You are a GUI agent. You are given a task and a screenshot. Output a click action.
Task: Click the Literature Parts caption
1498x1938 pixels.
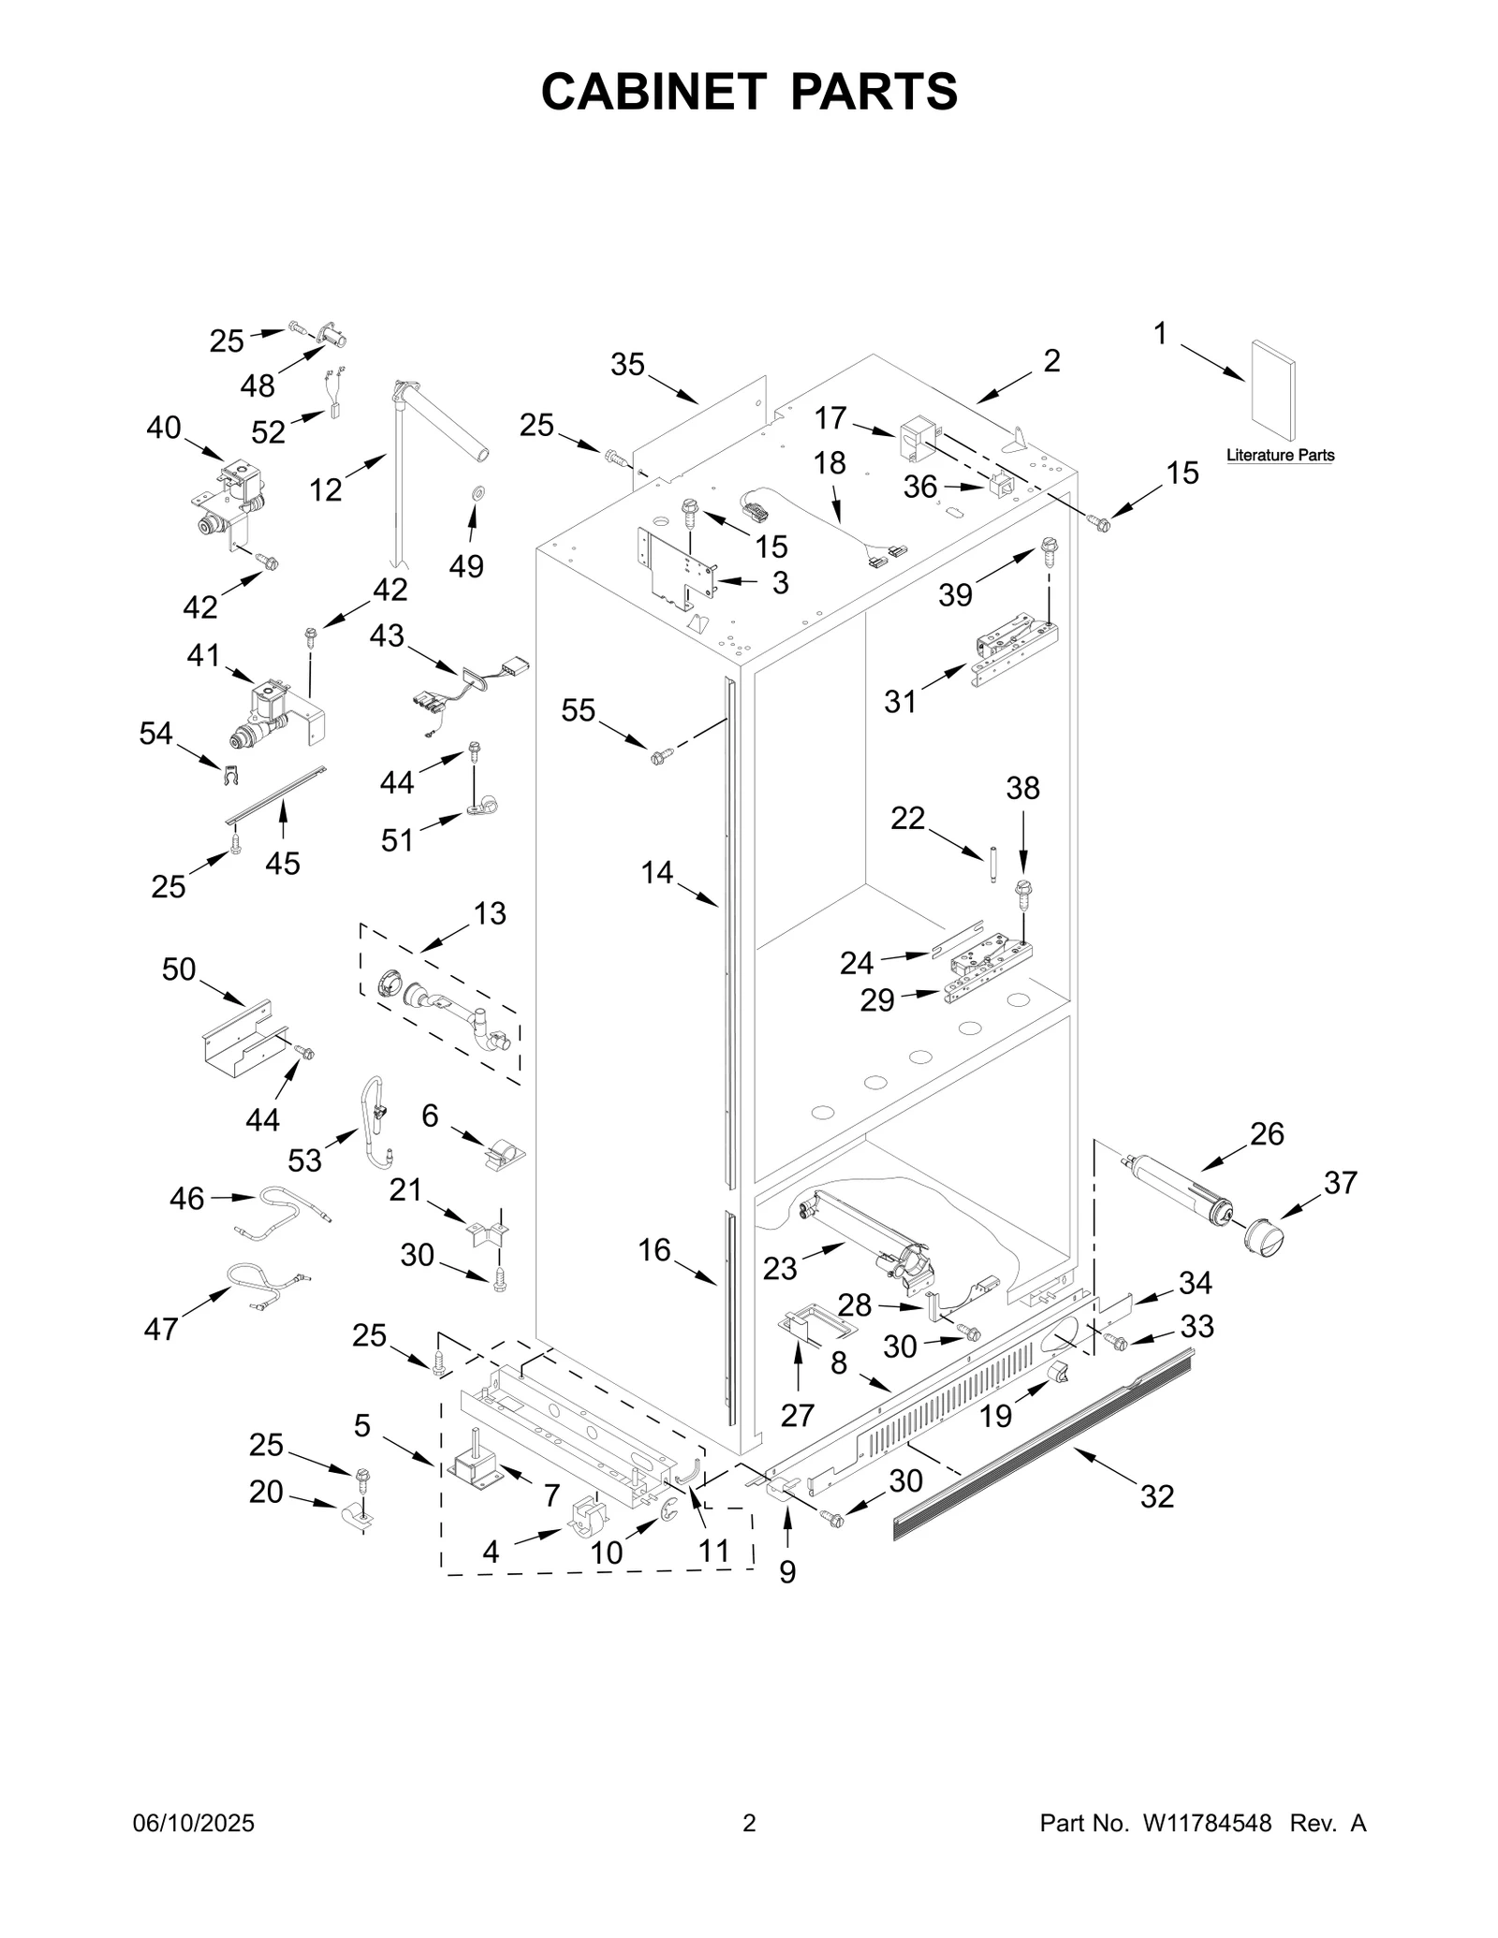pos(1280,456)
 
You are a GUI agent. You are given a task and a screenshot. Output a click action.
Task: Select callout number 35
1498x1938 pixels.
pos(627,364)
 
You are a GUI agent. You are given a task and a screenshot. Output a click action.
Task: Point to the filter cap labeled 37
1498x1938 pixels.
pos(1264,1237)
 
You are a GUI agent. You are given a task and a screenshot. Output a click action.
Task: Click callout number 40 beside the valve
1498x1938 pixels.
pos(164,428)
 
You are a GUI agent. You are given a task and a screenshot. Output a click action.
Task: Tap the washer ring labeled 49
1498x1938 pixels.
pos(477,492)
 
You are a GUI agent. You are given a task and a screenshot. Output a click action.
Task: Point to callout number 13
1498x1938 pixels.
pos(490,913)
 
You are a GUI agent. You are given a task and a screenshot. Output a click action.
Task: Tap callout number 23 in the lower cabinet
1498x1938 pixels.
pos(779,1268)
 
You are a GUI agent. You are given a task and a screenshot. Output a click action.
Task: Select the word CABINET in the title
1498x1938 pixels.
pos(654,92)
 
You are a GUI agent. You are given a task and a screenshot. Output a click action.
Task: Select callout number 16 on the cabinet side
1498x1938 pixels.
pos(654,1249)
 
